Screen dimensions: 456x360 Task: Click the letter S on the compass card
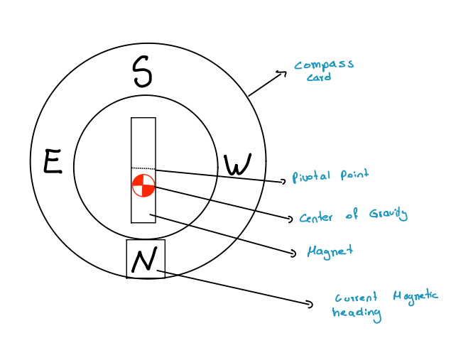tap(143, 72)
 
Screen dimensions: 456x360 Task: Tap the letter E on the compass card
tap(52, 162)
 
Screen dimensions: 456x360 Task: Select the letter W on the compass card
tap(237, 165)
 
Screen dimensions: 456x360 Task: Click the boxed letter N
tap(145, 260)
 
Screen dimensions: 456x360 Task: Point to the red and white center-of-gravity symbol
tap(143, 185)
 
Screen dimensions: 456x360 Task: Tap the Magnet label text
tap(329, 251)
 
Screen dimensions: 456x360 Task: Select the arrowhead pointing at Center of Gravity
tap(289, 219)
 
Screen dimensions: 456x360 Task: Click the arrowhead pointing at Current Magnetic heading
tap(310, 305)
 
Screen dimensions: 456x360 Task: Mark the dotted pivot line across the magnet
tap(143, 168)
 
